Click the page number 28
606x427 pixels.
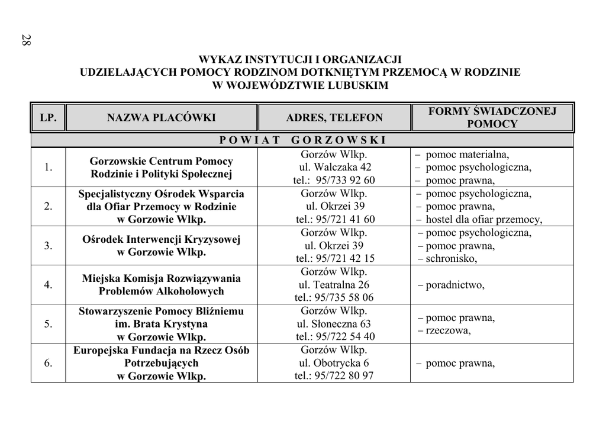pos(26,41)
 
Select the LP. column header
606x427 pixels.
pos(48,118)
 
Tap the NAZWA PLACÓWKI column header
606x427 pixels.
pos(161,118)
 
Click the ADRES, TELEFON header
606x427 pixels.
pos(334,118)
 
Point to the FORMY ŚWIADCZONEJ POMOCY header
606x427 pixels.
pos(492,118)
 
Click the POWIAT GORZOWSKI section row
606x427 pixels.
pos(302,140)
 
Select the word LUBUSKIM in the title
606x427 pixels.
pos(360,85)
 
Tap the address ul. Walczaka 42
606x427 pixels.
pos(334,167)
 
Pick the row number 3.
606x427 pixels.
pos(48,245)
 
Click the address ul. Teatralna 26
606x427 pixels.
pos(334,285)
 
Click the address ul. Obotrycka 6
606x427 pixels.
pos(334,362)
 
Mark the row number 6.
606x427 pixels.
pos(48,362)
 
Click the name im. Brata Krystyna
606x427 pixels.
pos(161,324)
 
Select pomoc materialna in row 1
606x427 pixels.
pos(467,155)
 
